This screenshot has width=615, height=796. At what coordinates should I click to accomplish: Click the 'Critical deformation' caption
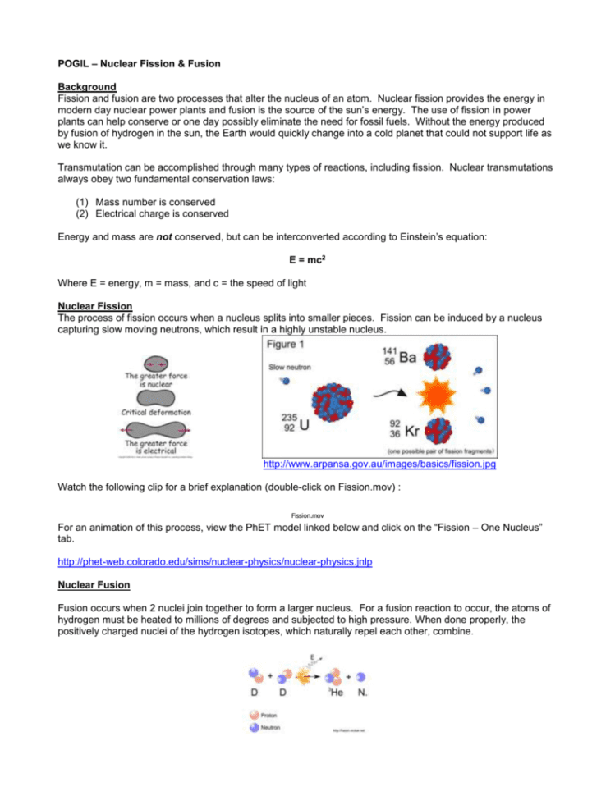click(x=156, y=412)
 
